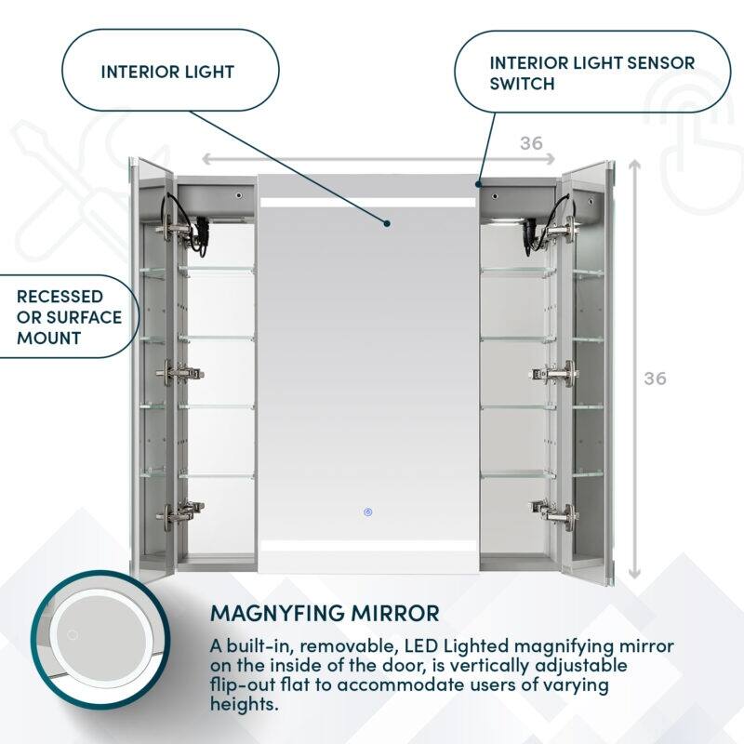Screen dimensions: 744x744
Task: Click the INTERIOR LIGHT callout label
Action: [167, 72]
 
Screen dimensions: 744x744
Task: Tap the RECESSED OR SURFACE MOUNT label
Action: [69, 316]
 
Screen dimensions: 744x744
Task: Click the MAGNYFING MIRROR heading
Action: [325, 614]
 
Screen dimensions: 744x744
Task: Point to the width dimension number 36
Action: [531, 142]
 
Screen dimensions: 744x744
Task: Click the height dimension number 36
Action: [655, 379]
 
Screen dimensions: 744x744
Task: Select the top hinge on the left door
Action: [175, 226]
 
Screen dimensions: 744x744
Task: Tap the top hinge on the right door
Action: [561, 226]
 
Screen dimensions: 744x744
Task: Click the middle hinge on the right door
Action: [555, 373]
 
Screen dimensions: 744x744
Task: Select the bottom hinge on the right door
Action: [554, 510]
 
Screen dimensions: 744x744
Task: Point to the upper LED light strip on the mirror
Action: [367, 202]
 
